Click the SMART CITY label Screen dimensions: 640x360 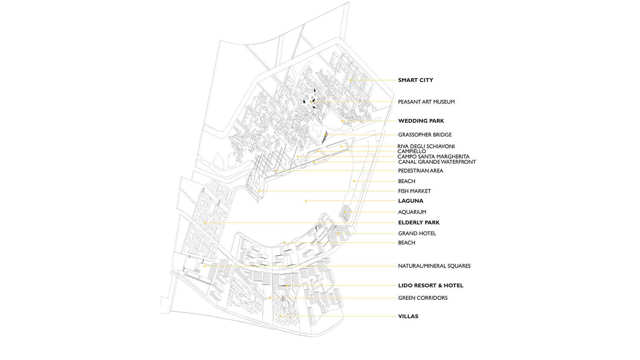[x=416, y=80]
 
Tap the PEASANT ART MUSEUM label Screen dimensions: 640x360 [x=426, y=102]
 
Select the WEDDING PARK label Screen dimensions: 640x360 [x=421, y=121]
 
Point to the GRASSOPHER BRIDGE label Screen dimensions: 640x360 [x=425, y=134]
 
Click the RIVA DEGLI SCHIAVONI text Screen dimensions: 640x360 [x=426, y=146]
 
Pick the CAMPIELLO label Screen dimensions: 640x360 [x=412, y=151]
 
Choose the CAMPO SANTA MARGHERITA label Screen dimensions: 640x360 [x=433, y=157]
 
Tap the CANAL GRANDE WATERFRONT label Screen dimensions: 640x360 [x=437, y=162]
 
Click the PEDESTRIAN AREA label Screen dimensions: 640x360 [x=421, y=171]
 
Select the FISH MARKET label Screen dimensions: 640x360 [x=414, y=191]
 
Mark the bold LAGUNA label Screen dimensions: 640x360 [x=410, y=201]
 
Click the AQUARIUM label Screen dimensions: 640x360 [x=412, y=212]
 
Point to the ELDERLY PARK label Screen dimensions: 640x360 [x=419, y=223]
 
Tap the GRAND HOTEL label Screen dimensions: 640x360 [x=417, y=233]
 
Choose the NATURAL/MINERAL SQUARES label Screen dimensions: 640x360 [x=434, y=266]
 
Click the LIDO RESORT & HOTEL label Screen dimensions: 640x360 [x=431, y=285]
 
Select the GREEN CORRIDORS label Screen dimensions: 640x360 [x=422, y=298]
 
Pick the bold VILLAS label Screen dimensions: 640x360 [x=408, y=316]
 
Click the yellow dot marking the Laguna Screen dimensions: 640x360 [x=306, y=201]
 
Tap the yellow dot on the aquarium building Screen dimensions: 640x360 [x=345, y=212]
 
